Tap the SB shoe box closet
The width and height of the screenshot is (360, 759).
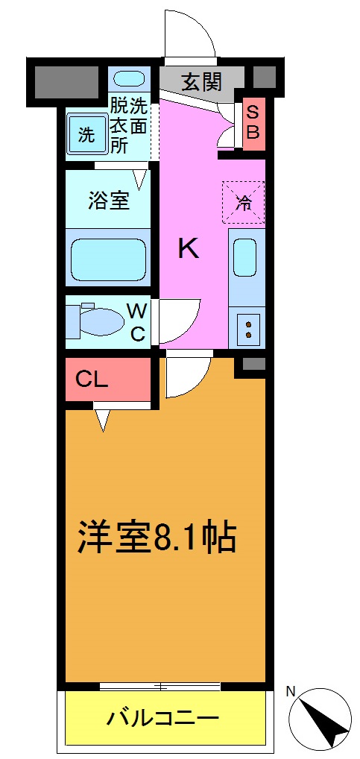tap(253, 122)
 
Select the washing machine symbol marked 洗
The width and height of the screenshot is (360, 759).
tap(86, 135)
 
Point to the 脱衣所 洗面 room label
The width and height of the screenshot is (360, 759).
tap(129, 125)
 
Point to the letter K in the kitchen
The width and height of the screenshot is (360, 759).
tap(188, 248)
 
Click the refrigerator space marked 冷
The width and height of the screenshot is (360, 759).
tap(243, 201)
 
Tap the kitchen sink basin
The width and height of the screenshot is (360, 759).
tap(246, 258)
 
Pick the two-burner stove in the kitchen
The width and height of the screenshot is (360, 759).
tap(247, 327)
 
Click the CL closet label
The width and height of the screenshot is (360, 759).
tap(93, 379)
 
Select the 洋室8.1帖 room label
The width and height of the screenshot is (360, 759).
tap(157, 538)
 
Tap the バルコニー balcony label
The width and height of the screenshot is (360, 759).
tap(162, 719)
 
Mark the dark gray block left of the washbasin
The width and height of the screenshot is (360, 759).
tap(66, 81)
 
